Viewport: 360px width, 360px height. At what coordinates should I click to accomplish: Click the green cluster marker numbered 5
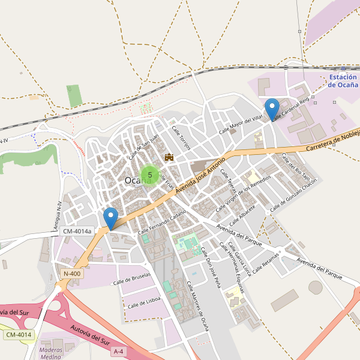pyautogui.click(x=149, y=175)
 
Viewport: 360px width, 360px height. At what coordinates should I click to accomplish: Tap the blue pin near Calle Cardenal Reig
pyautogui.click(x=272, y=109)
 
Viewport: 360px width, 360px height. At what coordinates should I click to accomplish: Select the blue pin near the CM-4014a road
pyautogui.click(x=110, y=218)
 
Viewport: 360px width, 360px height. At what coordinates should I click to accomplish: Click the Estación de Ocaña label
pyautogui.click(x=343, y=81)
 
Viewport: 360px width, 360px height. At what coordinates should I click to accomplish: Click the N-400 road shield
pyautogui.click(x=71, y=274)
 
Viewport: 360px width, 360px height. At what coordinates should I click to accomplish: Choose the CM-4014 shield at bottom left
pyautogui.click(x=18, y=334)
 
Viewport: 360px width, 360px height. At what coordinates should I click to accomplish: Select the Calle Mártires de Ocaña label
pyautogui.click(x=197, y=305)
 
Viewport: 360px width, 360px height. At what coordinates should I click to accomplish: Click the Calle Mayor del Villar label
pyautogui.click(x=241, y=123)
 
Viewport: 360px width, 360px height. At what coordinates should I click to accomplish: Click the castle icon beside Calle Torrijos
pyautogui.click(x=169, y=157)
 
